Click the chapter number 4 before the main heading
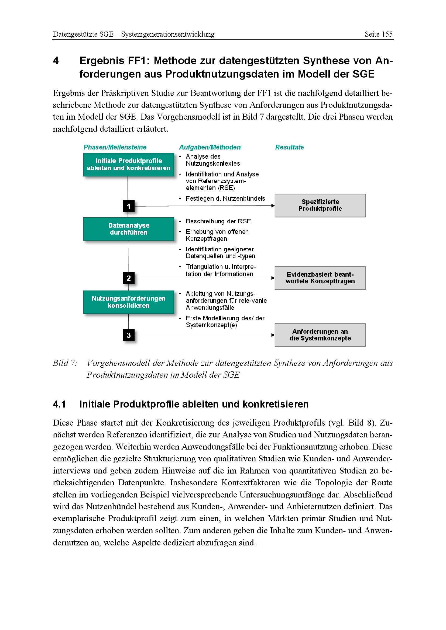56,61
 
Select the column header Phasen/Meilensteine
115,147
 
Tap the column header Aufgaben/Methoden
210,147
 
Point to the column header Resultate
289,147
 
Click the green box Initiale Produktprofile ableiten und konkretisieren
129,165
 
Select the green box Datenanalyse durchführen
129,229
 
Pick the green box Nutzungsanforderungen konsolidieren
129,302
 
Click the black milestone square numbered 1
129,206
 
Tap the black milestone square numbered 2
129,278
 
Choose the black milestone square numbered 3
129,335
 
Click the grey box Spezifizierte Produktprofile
320,206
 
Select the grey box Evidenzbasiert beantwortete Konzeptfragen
320,278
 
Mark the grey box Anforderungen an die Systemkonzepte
320,335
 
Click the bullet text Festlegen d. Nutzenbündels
225,199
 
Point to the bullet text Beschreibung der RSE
218,221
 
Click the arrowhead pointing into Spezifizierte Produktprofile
273,206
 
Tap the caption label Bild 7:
65,363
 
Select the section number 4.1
59,405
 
